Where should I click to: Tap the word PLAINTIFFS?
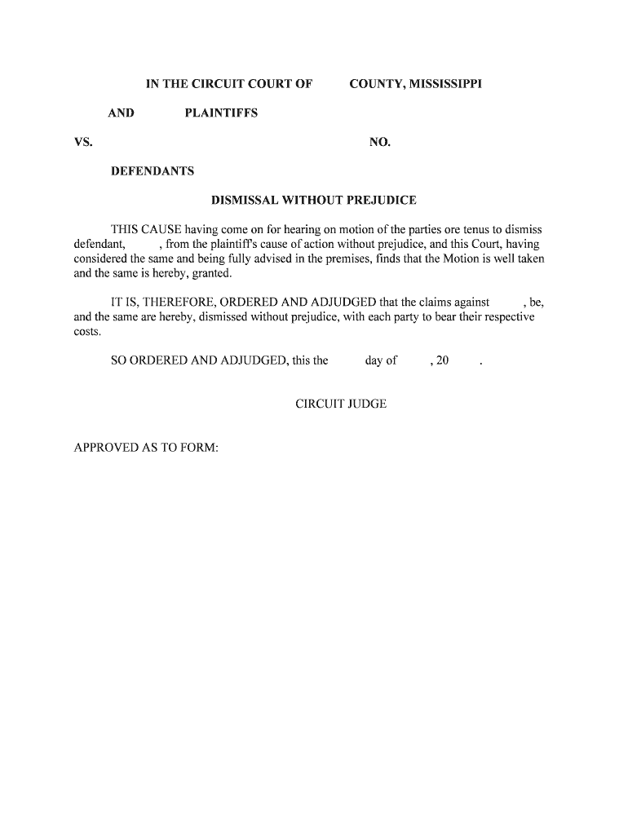point(221,113)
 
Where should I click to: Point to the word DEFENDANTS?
point(153,172)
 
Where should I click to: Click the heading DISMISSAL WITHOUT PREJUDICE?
point(314,201)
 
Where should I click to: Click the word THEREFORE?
point(184,303)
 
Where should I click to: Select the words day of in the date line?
point(381,361)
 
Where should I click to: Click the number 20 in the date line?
point(442,361)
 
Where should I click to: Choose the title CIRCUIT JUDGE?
point(341,404)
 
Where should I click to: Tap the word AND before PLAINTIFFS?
point(121,113)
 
